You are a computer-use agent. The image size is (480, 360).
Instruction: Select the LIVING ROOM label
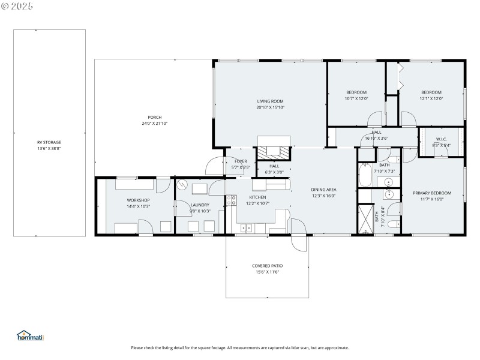pyautogui.click(x=270, y=101)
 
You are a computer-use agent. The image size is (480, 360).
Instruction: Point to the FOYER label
pyautogui.click(x=241, y=161)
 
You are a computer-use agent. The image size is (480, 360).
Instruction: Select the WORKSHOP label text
pyautogui.click(x=138, y=200)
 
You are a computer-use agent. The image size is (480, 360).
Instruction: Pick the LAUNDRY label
pyautogui.click(x=200, y=205)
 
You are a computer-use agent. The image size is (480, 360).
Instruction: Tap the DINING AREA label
pyautogui.click(x=323, y=189)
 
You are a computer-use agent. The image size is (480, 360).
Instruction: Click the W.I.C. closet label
pyautogui.click(x=441, y=139)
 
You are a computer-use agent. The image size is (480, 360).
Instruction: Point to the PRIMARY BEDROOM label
pyautogui.click(x=431, y=193)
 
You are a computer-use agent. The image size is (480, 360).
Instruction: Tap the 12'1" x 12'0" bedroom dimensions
pyautogui.click(x=431, y=98)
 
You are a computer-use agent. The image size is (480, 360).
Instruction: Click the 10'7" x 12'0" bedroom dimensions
pyautogui.click(x=356, y=98)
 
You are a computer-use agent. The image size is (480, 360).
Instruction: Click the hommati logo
pyautogui.click(x=30, y=336)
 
